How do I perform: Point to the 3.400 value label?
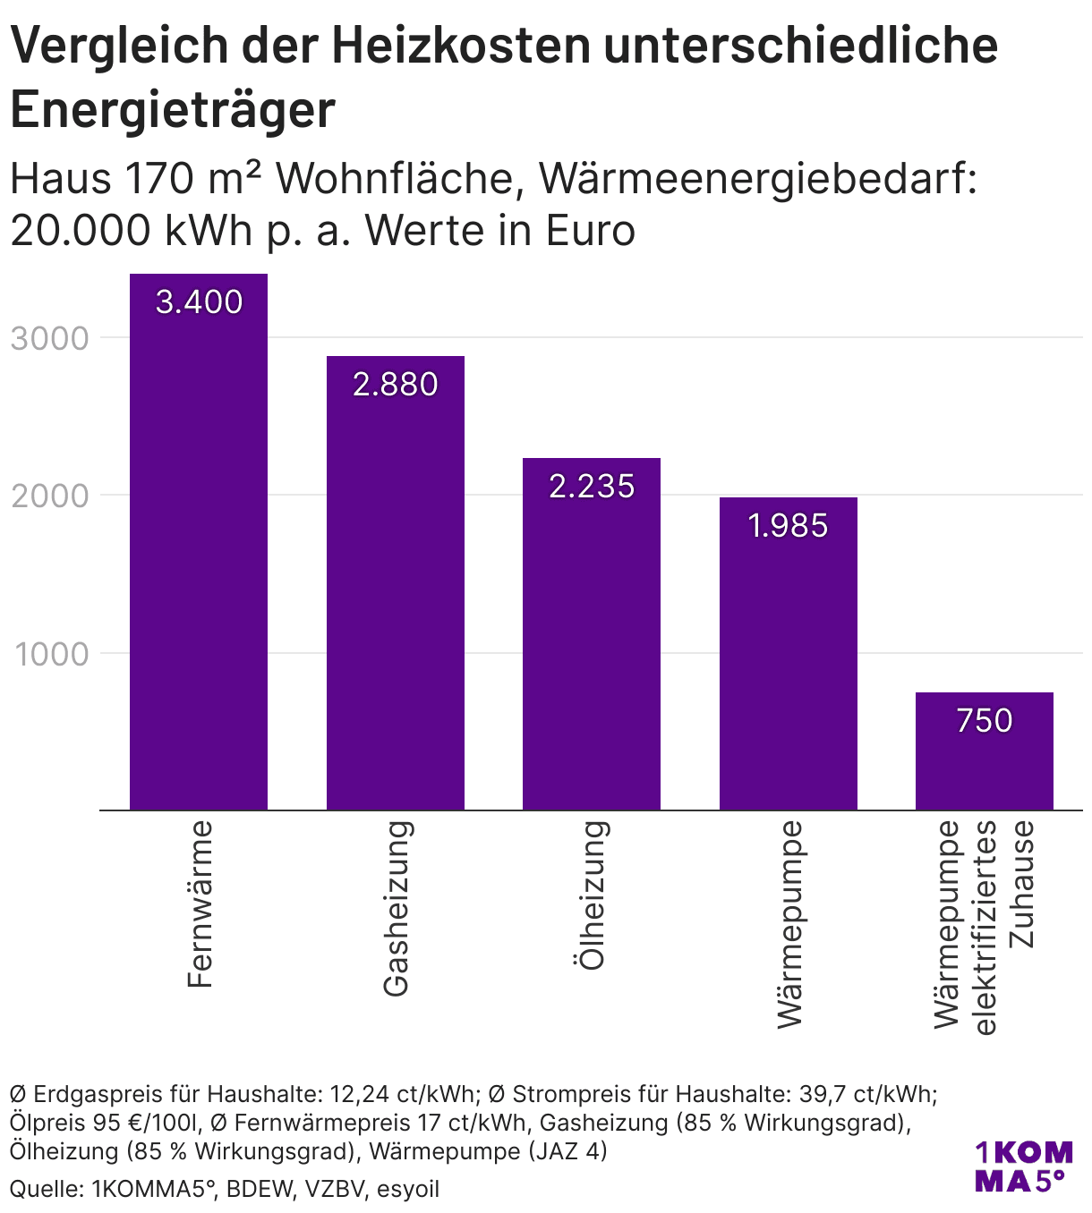tap(199, 302)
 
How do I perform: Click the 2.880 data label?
tap(395, 385)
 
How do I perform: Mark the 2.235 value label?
tap(592, 487)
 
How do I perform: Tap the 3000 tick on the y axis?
tap(50, 339)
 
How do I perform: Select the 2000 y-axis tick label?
tap(50, 496)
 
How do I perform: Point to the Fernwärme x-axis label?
tap(200, 904)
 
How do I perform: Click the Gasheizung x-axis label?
tap(396, 908)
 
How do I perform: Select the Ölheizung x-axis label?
tap(592, 895)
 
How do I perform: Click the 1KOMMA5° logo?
tap(1022, 1166)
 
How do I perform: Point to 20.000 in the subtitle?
tap(81, 231)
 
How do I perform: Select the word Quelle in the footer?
tap(42, 1189)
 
